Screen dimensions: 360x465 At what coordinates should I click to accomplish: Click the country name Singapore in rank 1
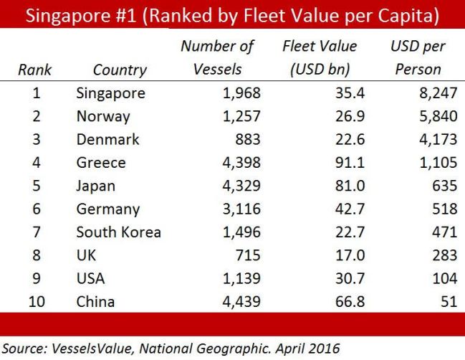(x=110, y=93)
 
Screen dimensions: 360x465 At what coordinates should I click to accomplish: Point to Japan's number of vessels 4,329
(x=239, y=186)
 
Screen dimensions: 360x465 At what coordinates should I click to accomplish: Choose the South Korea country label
(x=118, y=232)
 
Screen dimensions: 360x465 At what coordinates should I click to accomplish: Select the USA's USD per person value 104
(x=444, y=279)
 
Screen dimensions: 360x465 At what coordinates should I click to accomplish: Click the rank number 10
(x=36, y=302)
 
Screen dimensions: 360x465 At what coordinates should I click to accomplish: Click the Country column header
(x=120, y=70)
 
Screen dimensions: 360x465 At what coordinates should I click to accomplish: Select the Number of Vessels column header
(x=217, y=59)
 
